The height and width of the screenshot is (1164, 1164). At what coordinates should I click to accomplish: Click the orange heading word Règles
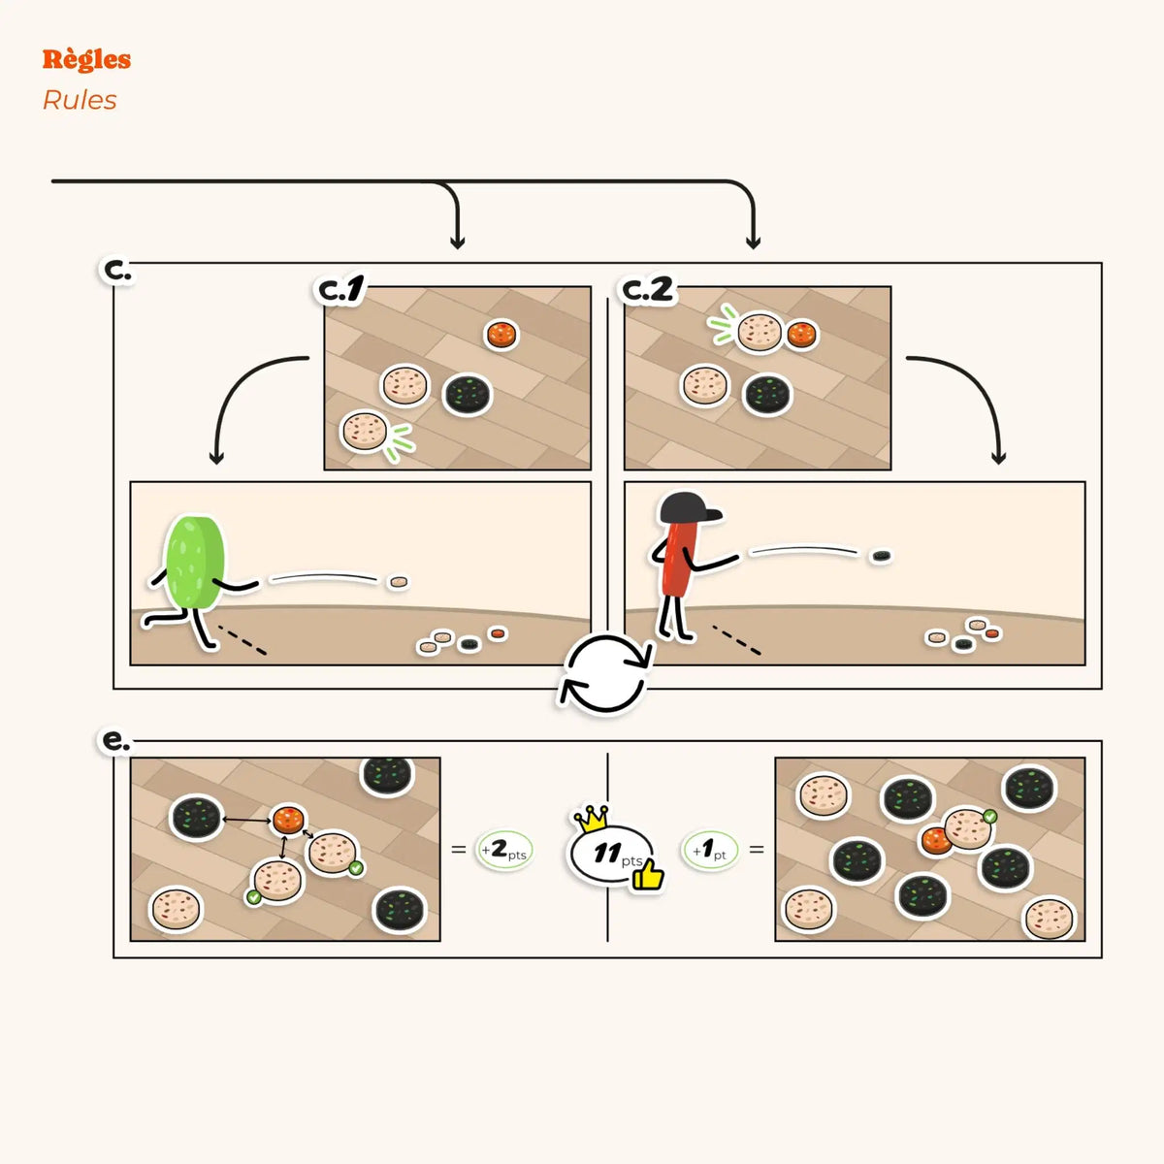[86, 60]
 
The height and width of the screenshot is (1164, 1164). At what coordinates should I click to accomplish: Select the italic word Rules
[80, 100]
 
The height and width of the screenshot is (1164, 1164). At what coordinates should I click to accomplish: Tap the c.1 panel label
[341, 291]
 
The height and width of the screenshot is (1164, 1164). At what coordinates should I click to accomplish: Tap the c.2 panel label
[647, 291]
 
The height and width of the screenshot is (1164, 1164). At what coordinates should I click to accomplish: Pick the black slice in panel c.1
[469, 395]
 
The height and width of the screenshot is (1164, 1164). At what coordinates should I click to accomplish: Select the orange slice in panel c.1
[501, 334]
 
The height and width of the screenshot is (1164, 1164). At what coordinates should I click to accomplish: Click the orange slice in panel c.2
[802, 334]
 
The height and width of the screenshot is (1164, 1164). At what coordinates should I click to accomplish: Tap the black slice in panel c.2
[766, 395]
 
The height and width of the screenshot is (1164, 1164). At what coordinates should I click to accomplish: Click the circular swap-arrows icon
[606, 675]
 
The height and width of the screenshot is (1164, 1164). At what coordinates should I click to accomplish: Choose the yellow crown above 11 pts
[591, 819]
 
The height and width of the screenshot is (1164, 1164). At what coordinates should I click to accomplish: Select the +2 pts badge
[504, 851]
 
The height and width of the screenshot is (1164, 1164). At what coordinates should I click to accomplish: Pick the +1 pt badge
[710, 851]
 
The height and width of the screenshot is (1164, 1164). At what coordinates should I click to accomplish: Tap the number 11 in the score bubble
[607, 853]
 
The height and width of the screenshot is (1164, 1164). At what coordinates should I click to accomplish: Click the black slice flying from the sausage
[881, 556]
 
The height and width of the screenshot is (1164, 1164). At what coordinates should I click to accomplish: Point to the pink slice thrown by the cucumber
[399, 582]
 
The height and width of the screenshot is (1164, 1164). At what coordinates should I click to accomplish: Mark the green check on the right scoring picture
[989, 817]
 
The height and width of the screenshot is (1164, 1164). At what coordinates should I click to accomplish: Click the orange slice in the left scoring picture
[288, 819]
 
